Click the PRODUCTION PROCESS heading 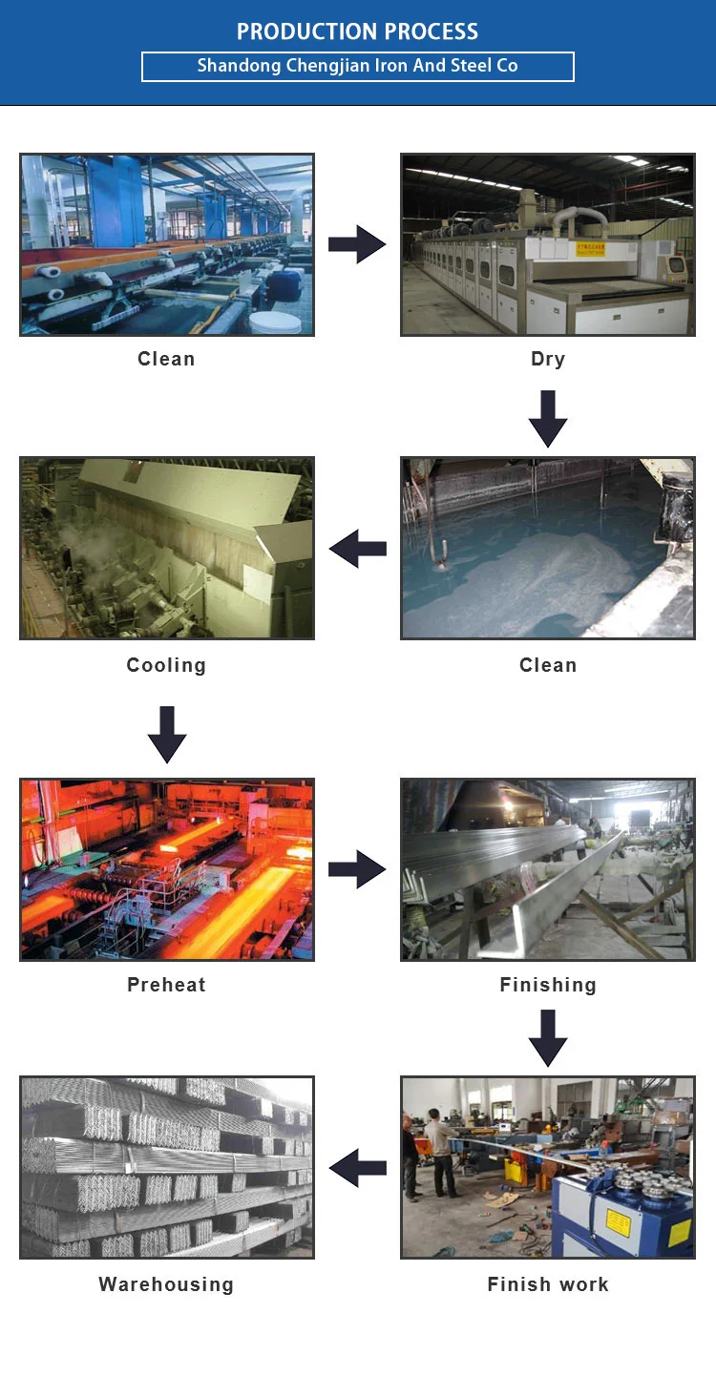pos(357,31)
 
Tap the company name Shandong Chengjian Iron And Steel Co pos(357,66)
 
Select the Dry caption pos(548,359)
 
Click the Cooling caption pos(166,665)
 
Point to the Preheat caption pos(166,985)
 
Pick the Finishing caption pos(548,985)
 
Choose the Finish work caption pos(548,1284)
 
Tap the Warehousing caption pos(166,1284)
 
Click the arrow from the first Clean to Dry pos(357,245)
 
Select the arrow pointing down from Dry pos(548,418)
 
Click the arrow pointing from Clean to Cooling pos(357,549)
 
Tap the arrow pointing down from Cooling pos(167,734)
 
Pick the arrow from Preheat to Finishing pos(357,869)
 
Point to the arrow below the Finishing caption pos(548,1037)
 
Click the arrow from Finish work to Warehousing pos(357,1167)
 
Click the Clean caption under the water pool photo pos(548,665)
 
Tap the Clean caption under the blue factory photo pos(166,359)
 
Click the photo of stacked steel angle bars pos(167,1167)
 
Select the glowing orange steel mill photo pos(167,869)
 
